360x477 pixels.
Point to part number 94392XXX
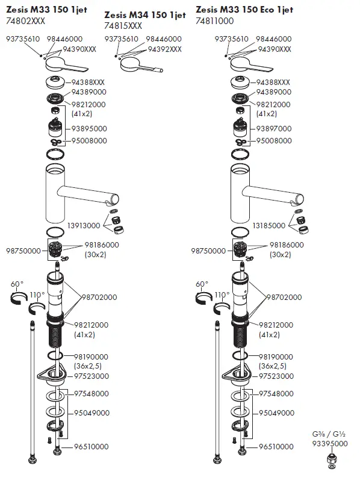pyautogui.click(x=164, y=49)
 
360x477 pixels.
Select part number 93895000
pyautogui.click(x=89, y=128)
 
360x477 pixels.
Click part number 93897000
pyautogui.click(x=274, y=128)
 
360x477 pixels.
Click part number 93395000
pyautogui.click(x=329, y=443)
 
